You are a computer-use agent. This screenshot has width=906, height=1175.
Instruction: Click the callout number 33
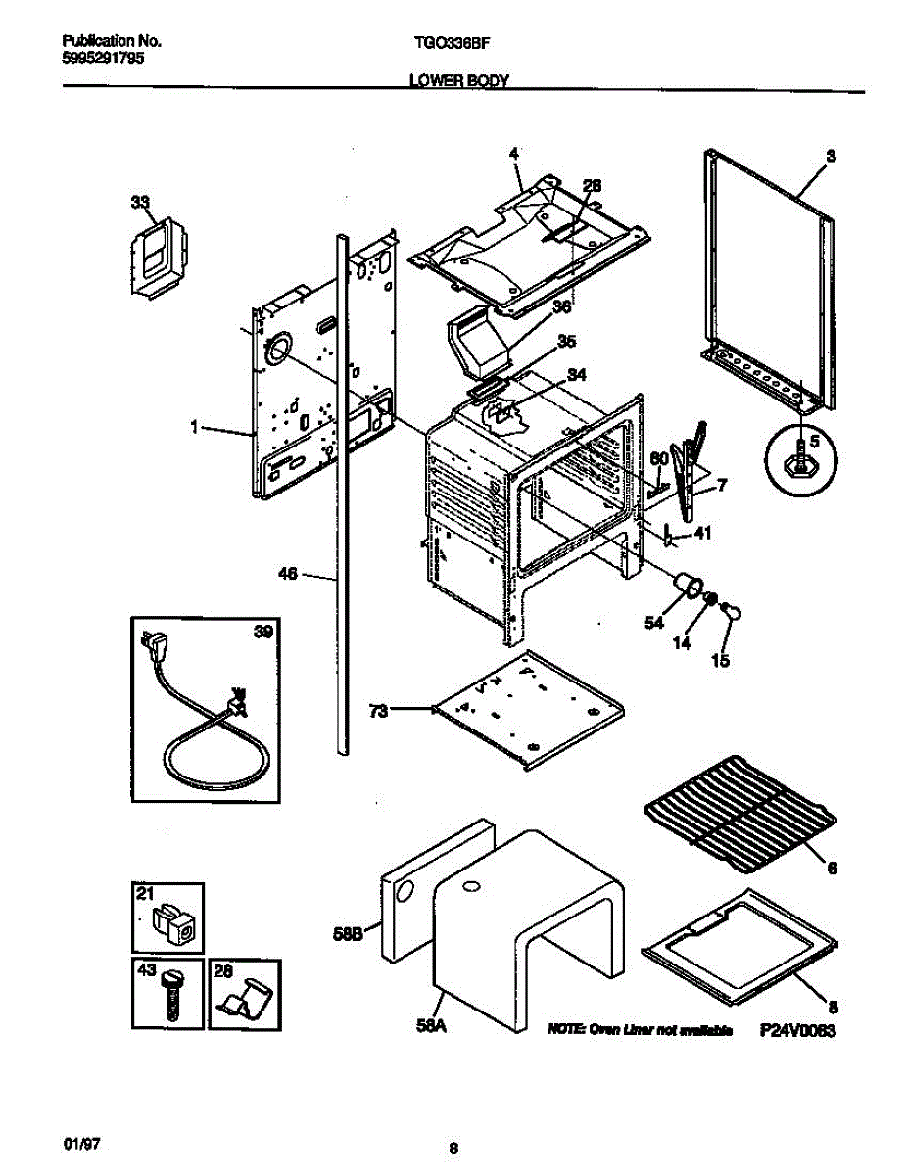(x=141, y=203)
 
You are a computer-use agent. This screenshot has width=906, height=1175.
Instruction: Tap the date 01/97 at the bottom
(x=78, y=1143)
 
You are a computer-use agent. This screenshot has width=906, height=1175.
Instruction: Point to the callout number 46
(x=288, y=575)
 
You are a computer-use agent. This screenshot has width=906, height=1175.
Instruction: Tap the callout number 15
(x=720, y=660)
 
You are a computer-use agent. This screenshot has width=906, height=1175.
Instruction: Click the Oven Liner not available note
(x=641, y=1031)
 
